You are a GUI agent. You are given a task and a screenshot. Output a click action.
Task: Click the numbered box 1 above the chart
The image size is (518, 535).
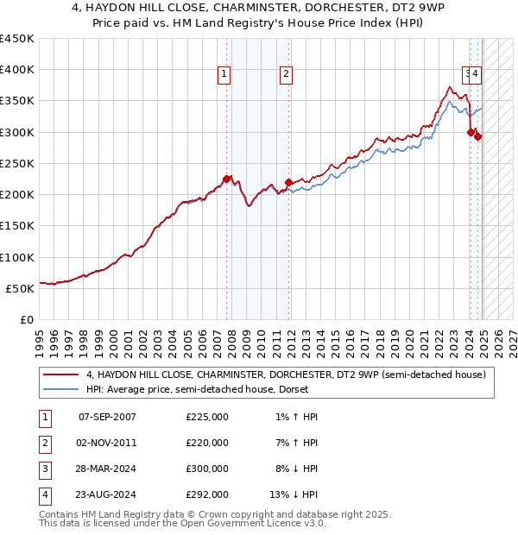click(x=224, y=74)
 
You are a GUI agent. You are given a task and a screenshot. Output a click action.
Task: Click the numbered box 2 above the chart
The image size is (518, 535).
click(x=285, y=74)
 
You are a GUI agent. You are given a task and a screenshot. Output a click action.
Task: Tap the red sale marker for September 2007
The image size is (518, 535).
click(x=226, y=179)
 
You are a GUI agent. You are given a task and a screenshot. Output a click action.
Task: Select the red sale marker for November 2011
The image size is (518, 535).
click(x=287, y=182)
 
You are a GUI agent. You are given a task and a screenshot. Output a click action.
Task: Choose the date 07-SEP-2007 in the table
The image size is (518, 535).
click(x=107, y=417)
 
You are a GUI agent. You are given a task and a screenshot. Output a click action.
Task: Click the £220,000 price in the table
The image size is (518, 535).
click(x=207, y=443)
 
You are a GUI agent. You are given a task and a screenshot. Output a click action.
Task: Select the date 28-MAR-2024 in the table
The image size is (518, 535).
click(x=107, y=469)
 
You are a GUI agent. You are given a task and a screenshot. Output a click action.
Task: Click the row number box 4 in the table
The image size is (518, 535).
click(x=43, y=494)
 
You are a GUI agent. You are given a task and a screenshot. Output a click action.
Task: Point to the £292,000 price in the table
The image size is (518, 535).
click(x=207, y=494)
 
